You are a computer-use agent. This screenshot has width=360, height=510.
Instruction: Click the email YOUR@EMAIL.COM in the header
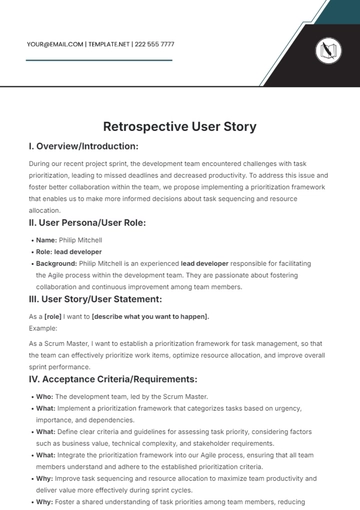coord(55,44)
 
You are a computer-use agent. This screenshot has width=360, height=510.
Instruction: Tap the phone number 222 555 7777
coord(154,44)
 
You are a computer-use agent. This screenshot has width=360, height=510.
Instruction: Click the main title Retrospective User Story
coord(179,127)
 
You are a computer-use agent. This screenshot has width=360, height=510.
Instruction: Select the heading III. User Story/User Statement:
coord(98,299)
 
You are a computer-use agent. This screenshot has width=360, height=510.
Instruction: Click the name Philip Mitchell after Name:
coord(82,240)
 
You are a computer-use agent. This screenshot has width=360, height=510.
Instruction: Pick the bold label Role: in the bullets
coord(45,254)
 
